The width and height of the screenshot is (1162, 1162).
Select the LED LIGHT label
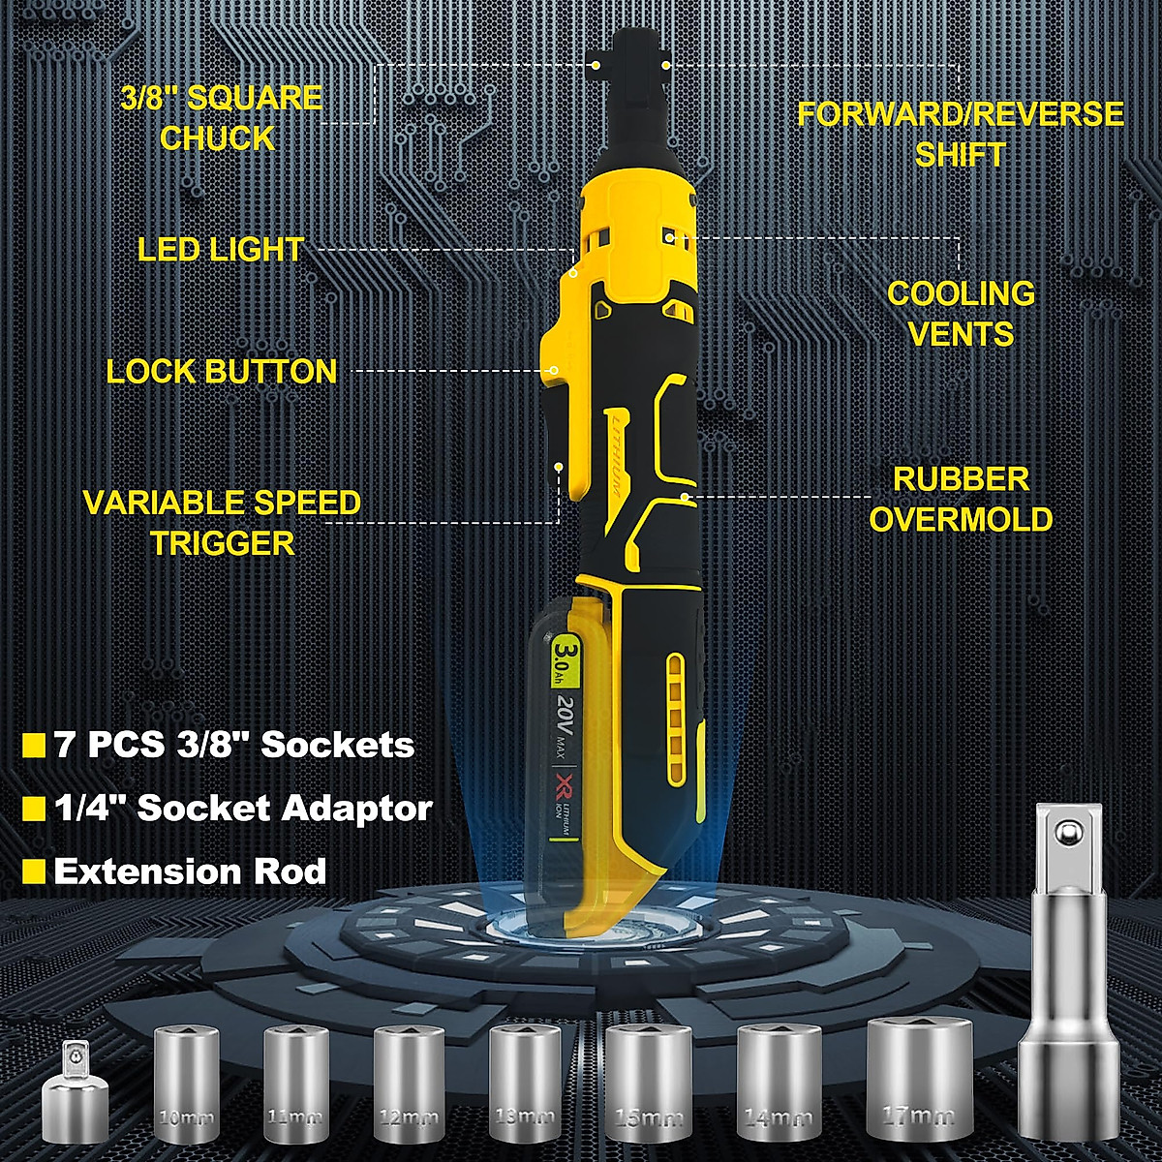[x=221, y=250]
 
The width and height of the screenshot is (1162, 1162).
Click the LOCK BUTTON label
[x=222, y=372]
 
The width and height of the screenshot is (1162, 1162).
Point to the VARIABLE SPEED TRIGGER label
[x=222, y=523]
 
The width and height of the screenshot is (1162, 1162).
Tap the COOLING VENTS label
[x=961, y=314]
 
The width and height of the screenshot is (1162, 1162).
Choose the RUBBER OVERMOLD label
[x=961, y=499]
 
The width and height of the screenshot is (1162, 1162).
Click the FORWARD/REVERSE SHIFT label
[x=961, y=134]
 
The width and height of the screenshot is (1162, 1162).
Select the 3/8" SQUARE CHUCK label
[x=221, y=118]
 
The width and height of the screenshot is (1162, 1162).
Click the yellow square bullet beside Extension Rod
[x=34, y=871]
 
